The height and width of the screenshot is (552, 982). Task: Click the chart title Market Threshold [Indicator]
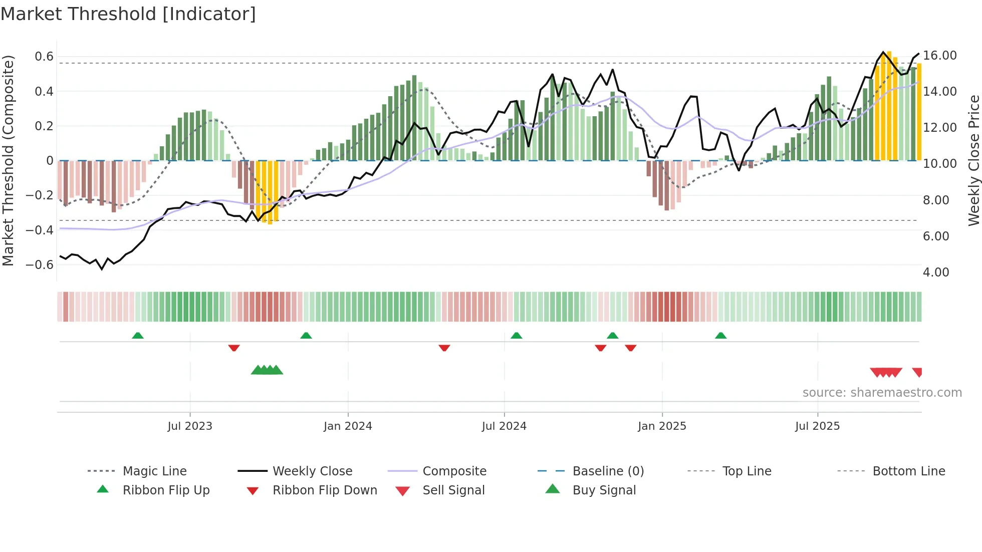tap(128, 14)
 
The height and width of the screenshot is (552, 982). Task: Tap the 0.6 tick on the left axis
tap(44, 57)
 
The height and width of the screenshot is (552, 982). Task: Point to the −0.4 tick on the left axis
tap(40, 230)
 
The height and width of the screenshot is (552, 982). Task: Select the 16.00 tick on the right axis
tap(940, 56)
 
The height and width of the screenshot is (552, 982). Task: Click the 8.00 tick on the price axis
tap(936, 200)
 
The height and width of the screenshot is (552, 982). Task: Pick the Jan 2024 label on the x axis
tap(348, 426)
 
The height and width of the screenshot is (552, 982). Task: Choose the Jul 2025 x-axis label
tap(817, 426)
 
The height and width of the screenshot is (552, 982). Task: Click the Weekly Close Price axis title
tap(973, 160)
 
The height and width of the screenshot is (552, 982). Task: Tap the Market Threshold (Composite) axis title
tap(8, 160)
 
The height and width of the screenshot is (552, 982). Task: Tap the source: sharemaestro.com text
tap(882, 393)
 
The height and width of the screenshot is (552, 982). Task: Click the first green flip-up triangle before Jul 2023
tap(138, 336)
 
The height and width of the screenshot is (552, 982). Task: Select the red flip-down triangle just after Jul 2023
tap(234, 348)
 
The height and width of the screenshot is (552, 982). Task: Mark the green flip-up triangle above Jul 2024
tap(517, 336)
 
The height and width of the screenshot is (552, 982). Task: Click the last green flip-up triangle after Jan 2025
tap(720, 336)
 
